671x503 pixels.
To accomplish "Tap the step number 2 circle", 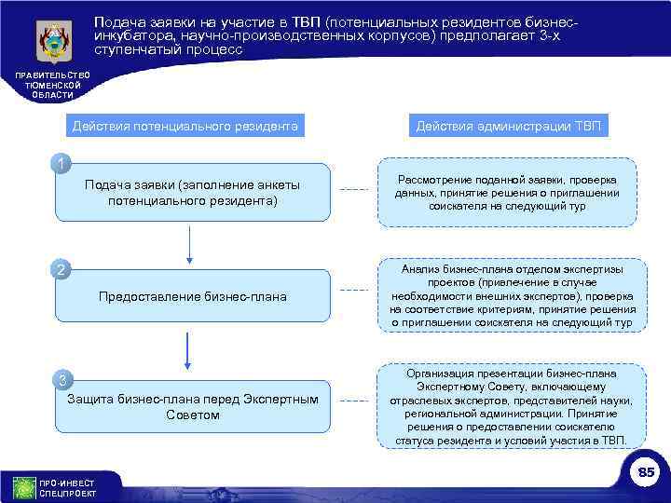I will click(62, 271).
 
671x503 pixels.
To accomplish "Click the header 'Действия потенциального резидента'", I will click(185, 126).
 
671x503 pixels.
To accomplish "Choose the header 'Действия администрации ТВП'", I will click(509, 126).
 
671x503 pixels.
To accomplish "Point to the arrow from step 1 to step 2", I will click(190, 243).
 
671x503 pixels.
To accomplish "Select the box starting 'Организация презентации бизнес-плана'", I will click(513, 406).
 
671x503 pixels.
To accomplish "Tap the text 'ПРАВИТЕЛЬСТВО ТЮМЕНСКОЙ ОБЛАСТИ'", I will click(46, 85).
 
